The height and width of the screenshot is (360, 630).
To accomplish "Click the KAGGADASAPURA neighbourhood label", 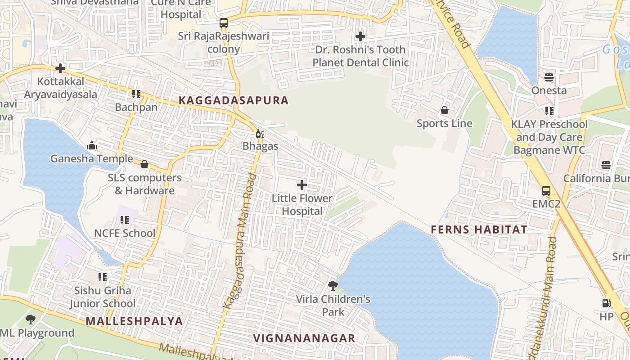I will (234, 100).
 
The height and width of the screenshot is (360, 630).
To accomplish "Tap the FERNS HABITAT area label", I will (479, 229).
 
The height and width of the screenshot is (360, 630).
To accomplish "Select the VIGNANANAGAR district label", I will (304, 338).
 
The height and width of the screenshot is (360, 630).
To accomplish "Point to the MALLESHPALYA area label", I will (135, 321).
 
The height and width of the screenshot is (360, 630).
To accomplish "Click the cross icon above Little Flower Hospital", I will (302, 185).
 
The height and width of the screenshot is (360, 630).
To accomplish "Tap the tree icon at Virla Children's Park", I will (333, 285).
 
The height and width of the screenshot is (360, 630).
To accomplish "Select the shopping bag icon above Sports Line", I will (445, 110).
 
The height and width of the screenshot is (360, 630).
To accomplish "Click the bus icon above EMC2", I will (546, 191).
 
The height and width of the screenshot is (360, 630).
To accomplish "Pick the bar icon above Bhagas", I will (260, 133).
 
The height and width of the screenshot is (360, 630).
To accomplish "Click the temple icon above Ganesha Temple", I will (92, 145).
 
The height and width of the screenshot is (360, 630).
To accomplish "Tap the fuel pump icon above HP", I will (607, 303).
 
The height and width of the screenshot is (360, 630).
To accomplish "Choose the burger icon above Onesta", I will (549, 77).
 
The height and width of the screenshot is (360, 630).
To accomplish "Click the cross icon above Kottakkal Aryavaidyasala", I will (60, 68).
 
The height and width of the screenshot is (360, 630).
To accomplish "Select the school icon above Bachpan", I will (136, 94).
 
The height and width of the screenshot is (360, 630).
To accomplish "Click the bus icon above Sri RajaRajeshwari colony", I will (224, 23).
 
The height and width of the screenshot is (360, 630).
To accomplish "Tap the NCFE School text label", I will (125, 233).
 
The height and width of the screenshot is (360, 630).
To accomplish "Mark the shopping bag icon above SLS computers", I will (144, 165).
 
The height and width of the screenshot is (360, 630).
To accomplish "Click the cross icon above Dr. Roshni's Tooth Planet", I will (360, 36).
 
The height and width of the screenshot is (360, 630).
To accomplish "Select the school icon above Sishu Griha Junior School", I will (103, 277).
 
